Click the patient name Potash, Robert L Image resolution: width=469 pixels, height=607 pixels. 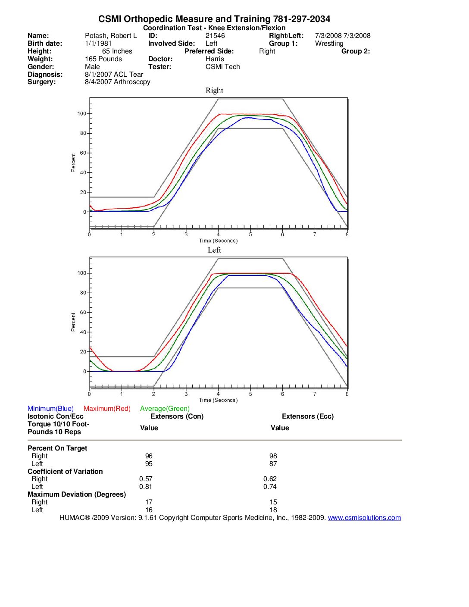pos(111,36)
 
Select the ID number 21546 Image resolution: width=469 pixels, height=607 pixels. pos(215,36)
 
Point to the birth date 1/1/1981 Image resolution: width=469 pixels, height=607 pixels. pos(98,44)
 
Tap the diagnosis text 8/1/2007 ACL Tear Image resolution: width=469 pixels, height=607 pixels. pos(114,75)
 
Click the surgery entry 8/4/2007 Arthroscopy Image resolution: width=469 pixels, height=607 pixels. pos(117,82)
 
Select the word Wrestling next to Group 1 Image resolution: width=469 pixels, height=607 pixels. pos(329,44)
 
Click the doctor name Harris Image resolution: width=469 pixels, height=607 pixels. pos(215,59)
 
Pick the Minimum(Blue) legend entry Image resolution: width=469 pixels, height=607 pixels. pos(50,409)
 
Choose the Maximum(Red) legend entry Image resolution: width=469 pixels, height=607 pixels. pos(107,409)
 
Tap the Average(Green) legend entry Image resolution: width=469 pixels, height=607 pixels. pos(165,409)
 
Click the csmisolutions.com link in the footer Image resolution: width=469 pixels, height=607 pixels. pos(364,518)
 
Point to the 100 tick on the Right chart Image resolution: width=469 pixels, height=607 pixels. pos(81,114)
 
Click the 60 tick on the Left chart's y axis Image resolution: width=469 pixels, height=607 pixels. pos(83,313)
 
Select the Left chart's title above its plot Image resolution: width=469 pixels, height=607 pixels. pos(214,250)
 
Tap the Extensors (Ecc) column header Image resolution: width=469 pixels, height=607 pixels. pos(308,416)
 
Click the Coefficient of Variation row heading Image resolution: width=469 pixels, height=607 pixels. pos(65,472)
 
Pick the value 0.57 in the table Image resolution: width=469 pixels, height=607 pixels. pos(146,479)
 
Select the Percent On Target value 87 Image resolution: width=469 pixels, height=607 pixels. pos(273,464)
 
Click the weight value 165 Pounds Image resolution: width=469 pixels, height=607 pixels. pos(103,59)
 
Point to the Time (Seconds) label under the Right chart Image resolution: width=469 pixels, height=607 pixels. pos(218,241)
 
